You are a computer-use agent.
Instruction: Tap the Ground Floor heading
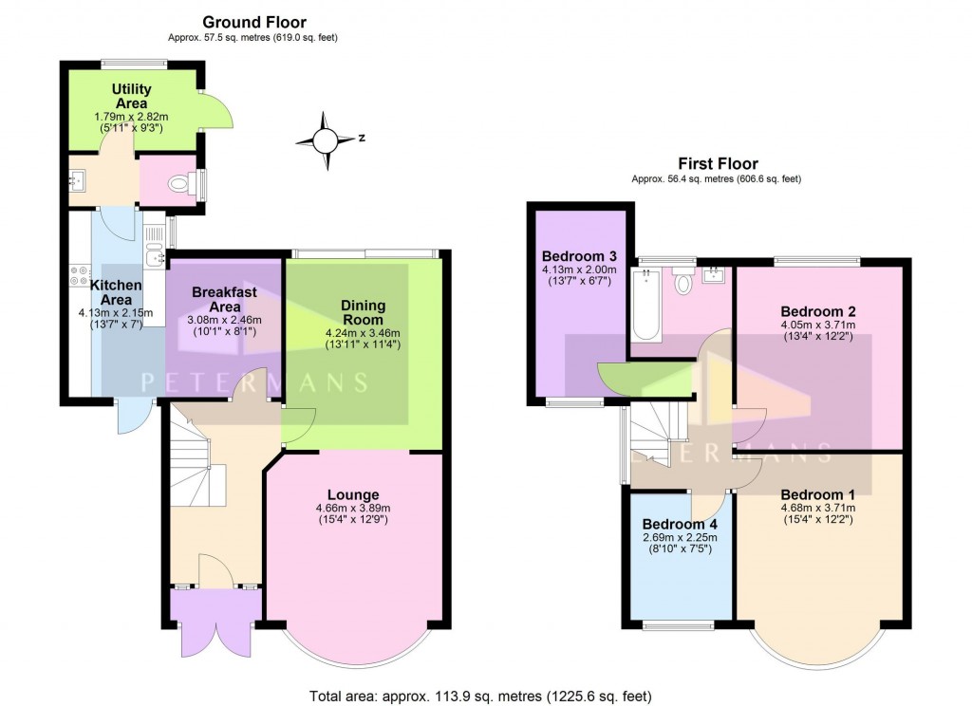tap(255, 22)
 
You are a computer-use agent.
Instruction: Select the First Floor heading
tap(718, 163)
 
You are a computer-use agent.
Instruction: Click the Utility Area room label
tap(132, 96)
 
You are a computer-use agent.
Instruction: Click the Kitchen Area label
tap(116, 292)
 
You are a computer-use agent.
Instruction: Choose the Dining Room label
tap(363, 312)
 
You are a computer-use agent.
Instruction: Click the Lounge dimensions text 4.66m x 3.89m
tap(353, 509)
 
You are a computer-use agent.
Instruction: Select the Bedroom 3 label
tap(579, 256)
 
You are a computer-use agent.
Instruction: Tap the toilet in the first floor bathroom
tap(682, 283)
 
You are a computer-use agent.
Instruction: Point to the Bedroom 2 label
tap(818, 311)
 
